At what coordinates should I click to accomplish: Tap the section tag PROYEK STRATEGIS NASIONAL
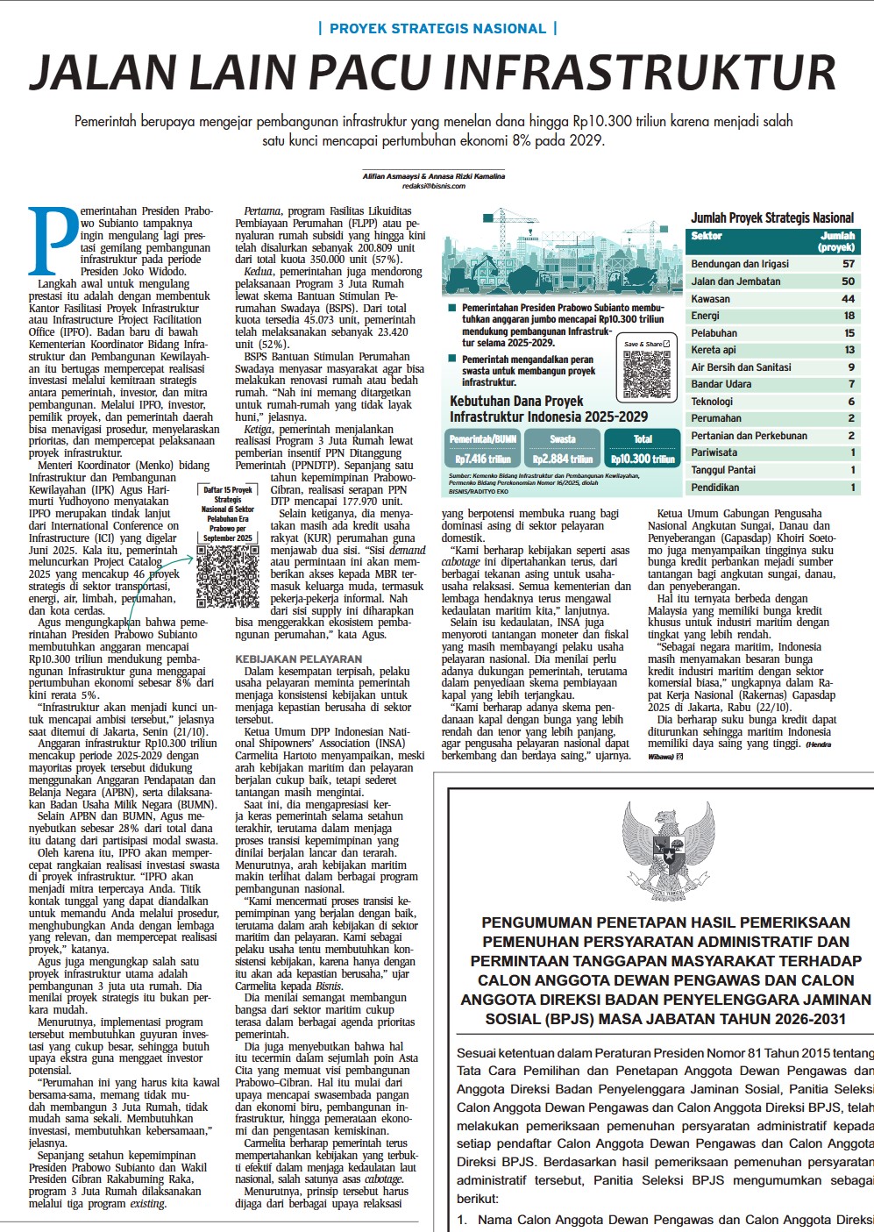(x=437, y=29)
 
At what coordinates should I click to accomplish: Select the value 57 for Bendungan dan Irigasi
(x=848, y=264)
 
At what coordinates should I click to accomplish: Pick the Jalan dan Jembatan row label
(x=735, y=281)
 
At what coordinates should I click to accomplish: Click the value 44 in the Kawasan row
(x=848, y=299)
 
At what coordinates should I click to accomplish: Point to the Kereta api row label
(x=714, y=350)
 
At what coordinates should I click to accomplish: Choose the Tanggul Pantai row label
(x=723, y=470)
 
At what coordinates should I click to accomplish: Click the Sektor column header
(x=707, y=237)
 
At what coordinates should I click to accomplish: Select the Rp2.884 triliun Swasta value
(x=562, y=459)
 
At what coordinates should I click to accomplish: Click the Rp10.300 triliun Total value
(x=643, y=459)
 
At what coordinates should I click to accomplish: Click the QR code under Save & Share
(x=647, y=374)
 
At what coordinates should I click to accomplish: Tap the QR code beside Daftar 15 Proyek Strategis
(x=227, y=576)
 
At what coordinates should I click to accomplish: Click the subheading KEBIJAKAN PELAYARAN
(x=298, y=659)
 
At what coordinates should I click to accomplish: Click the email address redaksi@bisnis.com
(x=434, y=187)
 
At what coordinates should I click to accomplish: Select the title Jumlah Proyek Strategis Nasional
(x=772, y=218)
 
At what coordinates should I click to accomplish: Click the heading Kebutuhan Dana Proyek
(x=516, y=402)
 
